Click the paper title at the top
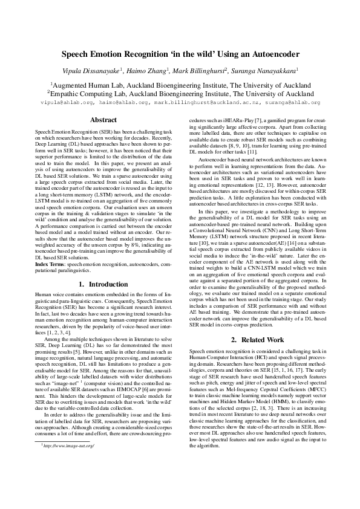[180, 54]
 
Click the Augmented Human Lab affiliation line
[180, 85]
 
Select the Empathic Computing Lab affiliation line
[180, 94]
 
